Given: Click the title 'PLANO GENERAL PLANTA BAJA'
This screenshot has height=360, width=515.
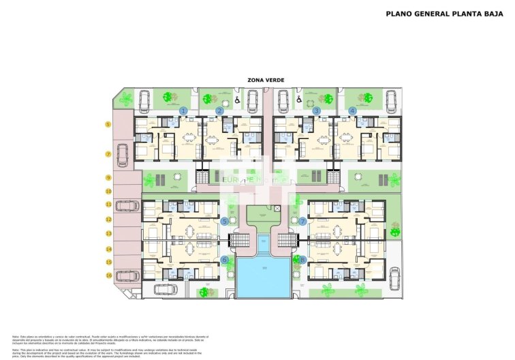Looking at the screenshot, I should (442, 13).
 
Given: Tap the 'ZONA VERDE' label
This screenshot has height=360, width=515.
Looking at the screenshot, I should (266, 80).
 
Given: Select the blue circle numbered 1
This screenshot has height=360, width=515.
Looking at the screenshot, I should (183, 110).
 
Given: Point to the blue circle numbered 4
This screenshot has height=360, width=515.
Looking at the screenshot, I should (352, 110).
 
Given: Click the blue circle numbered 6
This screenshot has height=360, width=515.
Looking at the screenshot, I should (225, 260).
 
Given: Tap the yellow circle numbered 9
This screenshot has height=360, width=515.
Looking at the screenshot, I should (108, 178).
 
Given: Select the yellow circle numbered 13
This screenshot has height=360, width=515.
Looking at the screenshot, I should (108, 234).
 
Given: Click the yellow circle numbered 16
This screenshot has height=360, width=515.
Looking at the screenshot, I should (108, 275).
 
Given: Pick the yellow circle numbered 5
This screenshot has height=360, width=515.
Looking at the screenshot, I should (108, 124).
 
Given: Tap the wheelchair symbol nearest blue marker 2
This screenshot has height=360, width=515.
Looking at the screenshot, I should (237, 100).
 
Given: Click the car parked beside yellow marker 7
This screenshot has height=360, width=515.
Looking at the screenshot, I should (123, 155).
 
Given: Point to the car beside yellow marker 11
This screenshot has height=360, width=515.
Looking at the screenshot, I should (127, 205).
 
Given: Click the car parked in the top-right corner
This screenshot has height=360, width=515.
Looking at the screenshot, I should (392, 102).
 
